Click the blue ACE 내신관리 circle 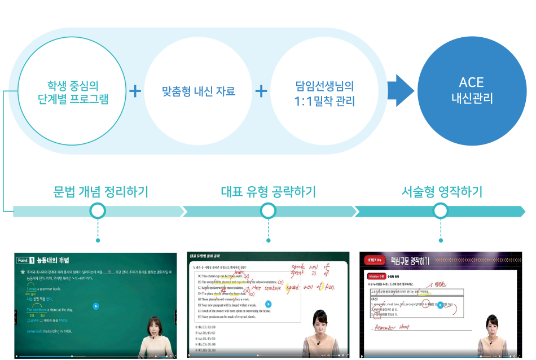point(472,90)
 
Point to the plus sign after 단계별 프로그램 point(135,91)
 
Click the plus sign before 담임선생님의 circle point(261,91)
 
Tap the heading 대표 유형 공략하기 point(268,192)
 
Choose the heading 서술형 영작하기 point(442,192)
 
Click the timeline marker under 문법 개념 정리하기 point(98,212)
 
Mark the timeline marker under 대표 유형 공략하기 point(269,212)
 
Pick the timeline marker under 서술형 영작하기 point(442,212)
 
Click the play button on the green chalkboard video point(96,306)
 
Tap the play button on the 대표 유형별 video point(268,304)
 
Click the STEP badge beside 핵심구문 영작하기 point(375,261)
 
